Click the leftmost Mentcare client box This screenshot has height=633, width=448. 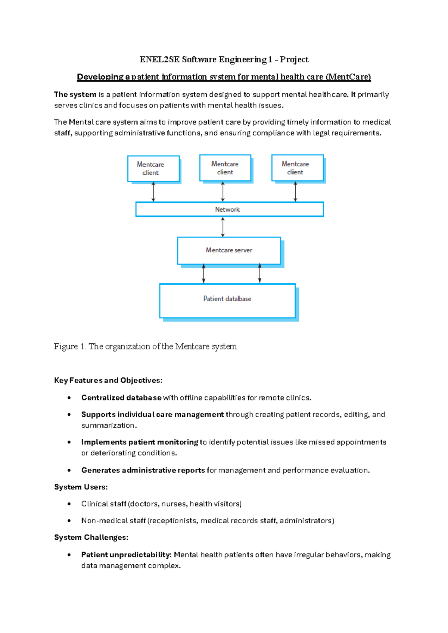point(153,169)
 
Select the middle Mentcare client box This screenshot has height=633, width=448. point(225,168)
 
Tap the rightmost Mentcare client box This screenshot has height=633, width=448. point(297,168)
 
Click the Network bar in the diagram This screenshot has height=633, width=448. point(229,209)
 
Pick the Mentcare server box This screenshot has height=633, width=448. point(229,250)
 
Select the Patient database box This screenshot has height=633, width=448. point(227,300)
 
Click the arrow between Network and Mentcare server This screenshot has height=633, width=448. point(223,227)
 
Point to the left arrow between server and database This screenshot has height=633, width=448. point(203,274)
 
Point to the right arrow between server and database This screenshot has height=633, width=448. point(260,274)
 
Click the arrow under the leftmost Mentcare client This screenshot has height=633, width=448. point(153,192)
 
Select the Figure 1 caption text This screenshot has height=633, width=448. point(145,346)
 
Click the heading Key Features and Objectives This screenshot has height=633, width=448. point(108,380)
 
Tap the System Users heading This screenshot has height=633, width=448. point(81,487)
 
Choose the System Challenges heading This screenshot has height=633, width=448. point(91,537)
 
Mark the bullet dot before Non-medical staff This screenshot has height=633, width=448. point(69,521)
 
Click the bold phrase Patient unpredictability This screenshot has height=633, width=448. point(126,555)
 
